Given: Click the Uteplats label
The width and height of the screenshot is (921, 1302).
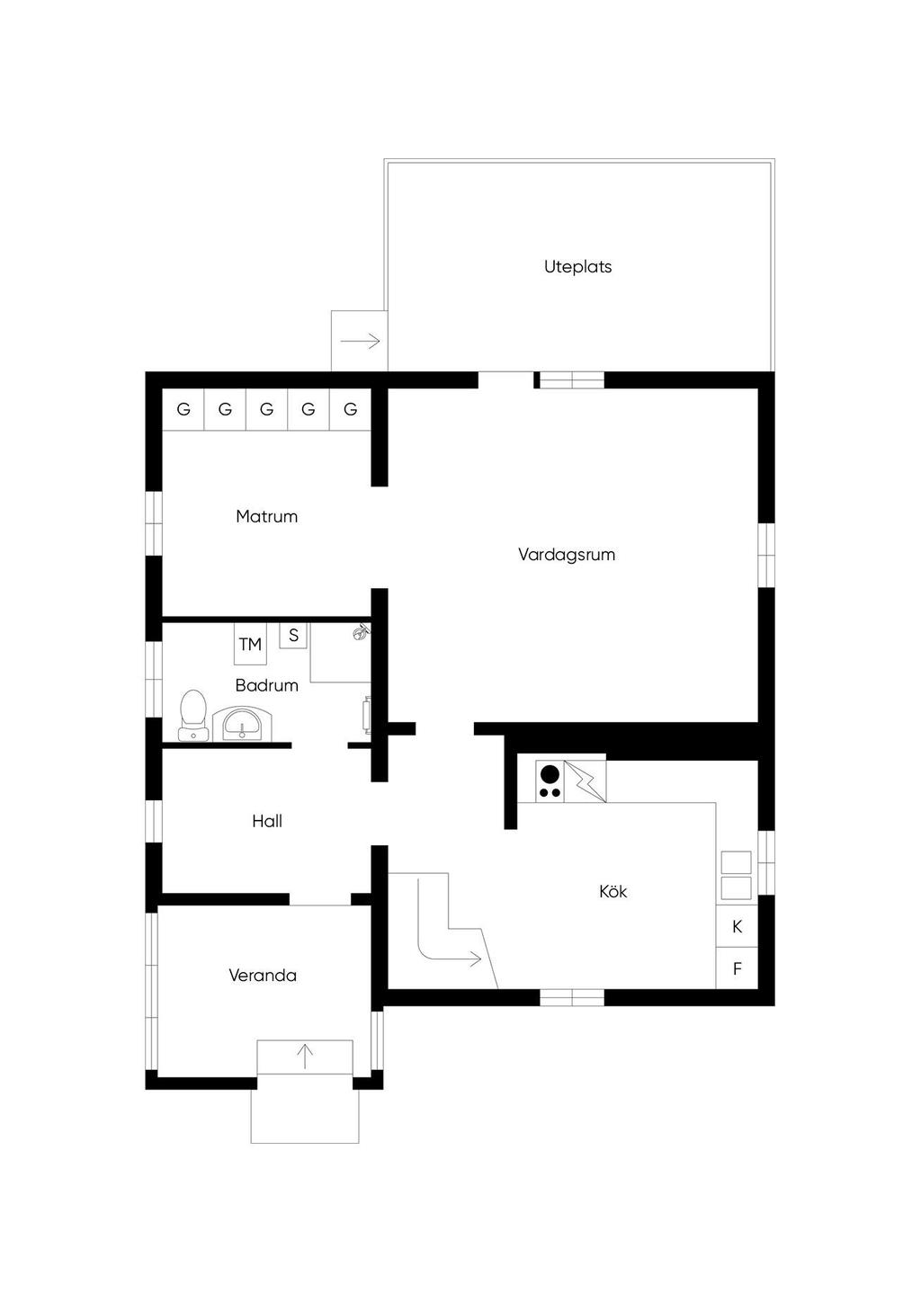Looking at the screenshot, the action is point(577,267).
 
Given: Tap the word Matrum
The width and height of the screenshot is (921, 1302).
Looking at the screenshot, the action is point(267,516).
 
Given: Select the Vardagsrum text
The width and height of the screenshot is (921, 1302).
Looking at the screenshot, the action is point(567,555).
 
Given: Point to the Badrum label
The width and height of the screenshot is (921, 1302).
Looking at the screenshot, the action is point(267,685).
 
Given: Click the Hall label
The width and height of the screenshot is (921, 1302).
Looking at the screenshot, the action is point(267,821).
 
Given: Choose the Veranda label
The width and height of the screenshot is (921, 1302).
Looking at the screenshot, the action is point(263,975).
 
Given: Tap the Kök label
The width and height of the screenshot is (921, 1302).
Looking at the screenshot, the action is point(613,891).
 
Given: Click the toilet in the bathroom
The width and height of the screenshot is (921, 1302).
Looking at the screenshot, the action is point(193,715).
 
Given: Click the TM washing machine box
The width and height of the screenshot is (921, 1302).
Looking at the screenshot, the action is point(250,644).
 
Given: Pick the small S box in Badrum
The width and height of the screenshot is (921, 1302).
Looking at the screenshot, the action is point(293,636).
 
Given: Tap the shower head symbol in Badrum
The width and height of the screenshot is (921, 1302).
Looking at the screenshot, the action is point(361,631).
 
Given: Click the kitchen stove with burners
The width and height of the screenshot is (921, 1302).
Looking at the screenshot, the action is point(550,781).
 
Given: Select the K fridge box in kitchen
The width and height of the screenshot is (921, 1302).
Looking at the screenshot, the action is point(737,926).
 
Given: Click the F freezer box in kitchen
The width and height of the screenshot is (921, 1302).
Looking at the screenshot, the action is point(737,968).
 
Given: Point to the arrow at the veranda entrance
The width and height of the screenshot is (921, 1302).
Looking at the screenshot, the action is point(305,1057).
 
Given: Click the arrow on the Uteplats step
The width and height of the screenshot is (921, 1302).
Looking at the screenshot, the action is point(361,341).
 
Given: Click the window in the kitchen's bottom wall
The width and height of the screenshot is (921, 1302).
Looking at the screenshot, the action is point(572,997).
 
